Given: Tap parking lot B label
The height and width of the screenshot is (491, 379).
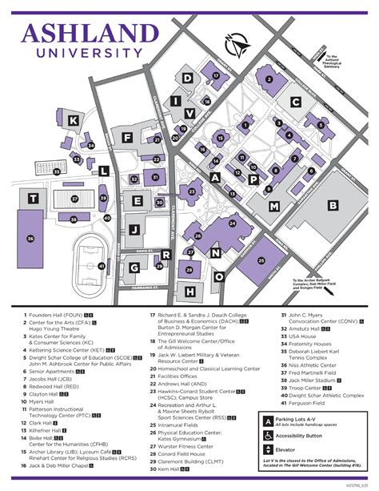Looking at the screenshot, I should tap(332, 204).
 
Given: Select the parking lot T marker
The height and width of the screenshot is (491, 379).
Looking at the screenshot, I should tap(33, 198).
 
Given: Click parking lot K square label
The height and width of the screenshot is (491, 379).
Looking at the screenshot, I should tap(74, 120).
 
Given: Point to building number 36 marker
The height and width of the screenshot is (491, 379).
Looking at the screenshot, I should tap(30, 237).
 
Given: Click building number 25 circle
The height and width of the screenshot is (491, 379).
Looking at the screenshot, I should tap(261, 260).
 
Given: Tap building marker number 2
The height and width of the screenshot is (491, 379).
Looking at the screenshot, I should tap(269, 79).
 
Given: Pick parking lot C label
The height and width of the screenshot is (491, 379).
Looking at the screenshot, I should tap(296, 102).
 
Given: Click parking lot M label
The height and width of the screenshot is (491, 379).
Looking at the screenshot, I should tap(273, 206).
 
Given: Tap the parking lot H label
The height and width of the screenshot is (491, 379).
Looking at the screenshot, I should tap(189, 292).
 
